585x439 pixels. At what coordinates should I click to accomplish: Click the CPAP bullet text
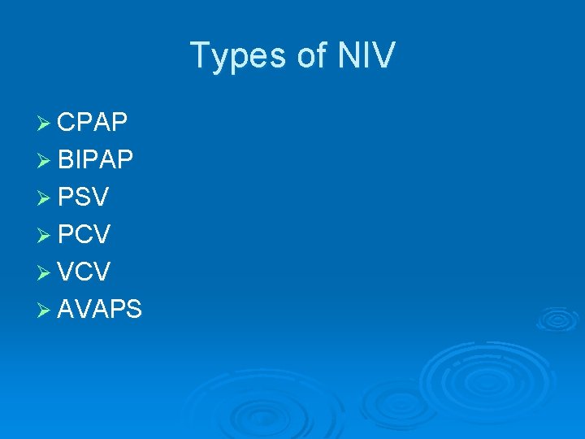[x=93, y=123]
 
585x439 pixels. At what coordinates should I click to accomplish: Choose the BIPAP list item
[x=96, y=160]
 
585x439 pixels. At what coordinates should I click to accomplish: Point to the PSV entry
[x=84, y=198]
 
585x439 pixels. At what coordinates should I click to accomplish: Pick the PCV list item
[x=84, y=235]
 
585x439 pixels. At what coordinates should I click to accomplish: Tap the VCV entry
[x=84, y=272]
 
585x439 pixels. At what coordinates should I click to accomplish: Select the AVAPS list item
[x=100, y=309]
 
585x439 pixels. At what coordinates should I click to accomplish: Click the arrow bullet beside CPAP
[x=44, y=123]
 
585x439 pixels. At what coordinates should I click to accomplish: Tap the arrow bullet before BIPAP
[x=44, y=160]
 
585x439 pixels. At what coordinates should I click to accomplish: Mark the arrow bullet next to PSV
[x=44, y=198]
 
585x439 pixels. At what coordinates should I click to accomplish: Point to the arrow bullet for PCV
[x=44, y=235]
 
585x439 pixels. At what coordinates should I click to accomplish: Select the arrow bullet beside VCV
[x=44, y=272]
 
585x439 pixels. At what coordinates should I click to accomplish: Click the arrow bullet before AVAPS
[x=44, y=309]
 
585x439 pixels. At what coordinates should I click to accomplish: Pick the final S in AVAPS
[x=134, y=309]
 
